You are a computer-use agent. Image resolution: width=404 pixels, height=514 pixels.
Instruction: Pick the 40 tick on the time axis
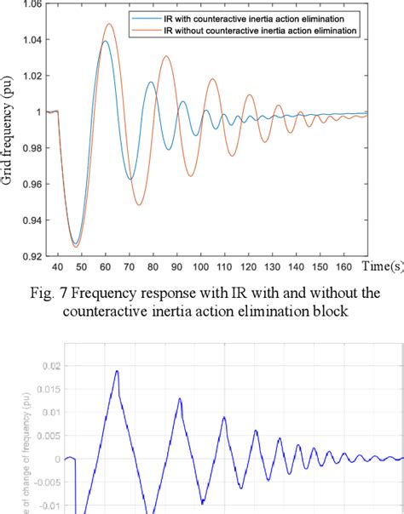[x=57, y=265]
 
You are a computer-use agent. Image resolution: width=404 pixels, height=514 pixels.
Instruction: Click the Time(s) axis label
[x=382, y=266]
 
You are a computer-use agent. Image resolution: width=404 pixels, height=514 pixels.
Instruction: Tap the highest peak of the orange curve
[x=108, y=25]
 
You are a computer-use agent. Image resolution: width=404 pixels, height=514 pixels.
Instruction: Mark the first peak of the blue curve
[x=104, y=42]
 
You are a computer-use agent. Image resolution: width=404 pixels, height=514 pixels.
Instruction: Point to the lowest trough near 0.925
[x=75, y=245]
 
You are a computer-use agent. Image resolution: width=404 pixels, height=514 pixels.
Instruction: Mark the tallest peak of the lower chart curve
[x=117, y=371]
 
